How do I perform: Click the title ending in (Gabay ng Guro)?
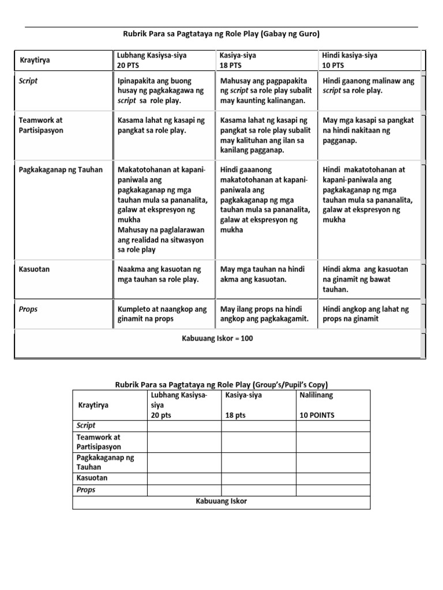coord(222,35)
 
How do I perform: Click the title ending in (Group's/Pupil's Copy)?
coord(221,384)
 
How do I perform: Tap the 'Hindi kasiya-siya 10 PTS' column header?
coord(351,60)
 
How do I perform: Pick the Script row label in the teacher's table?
coord(28,81)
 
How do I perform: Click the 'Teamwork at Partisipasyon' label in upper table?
coord(41,125)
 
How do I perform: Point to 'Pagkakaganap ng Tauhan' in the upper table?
coord(61,169)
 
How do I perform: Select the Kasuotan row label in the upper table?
coord(34,269)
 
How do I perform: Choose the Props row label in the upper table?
coord(28,309)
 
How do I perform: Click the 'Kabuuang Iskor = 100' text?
coord(217,338)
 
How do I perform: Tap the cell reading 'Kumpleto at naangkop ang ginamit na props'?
coord(162,314)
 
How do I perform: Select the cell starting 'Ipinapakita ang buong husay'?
coord(161,90)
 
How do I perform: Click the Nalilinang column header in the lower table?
coord(316,396)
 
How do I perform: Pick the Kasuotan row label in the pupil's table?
coord(92,478)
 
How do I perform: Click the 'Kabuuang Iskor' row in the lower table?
coord(221,501)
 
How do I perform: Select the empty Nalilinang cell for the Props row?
coord(333,490)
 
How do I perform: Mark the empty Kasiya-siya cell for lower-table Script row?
coord(259,426)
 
